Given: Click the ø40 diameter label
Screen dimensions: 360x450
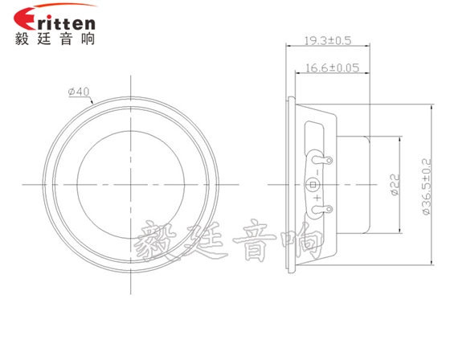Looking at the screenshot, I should [x=79, y=92].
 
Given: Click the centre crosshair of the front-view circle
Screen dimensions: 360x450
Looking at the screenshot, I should [x=129, y=185].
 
